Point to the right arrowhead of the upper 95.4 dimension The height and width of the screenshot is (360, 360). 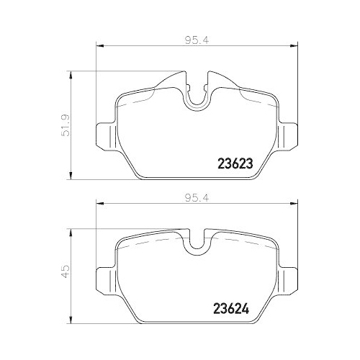click(x=286, y=48)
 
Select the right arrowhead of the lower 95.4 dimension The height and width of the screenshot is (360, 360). click(x=286, y=204)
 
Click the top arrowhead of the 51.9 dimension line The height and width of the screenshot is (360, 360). click(x=71, y=74)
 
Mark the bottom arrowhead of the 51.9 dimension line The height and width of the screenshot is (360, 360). click(x=71, y=175)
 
